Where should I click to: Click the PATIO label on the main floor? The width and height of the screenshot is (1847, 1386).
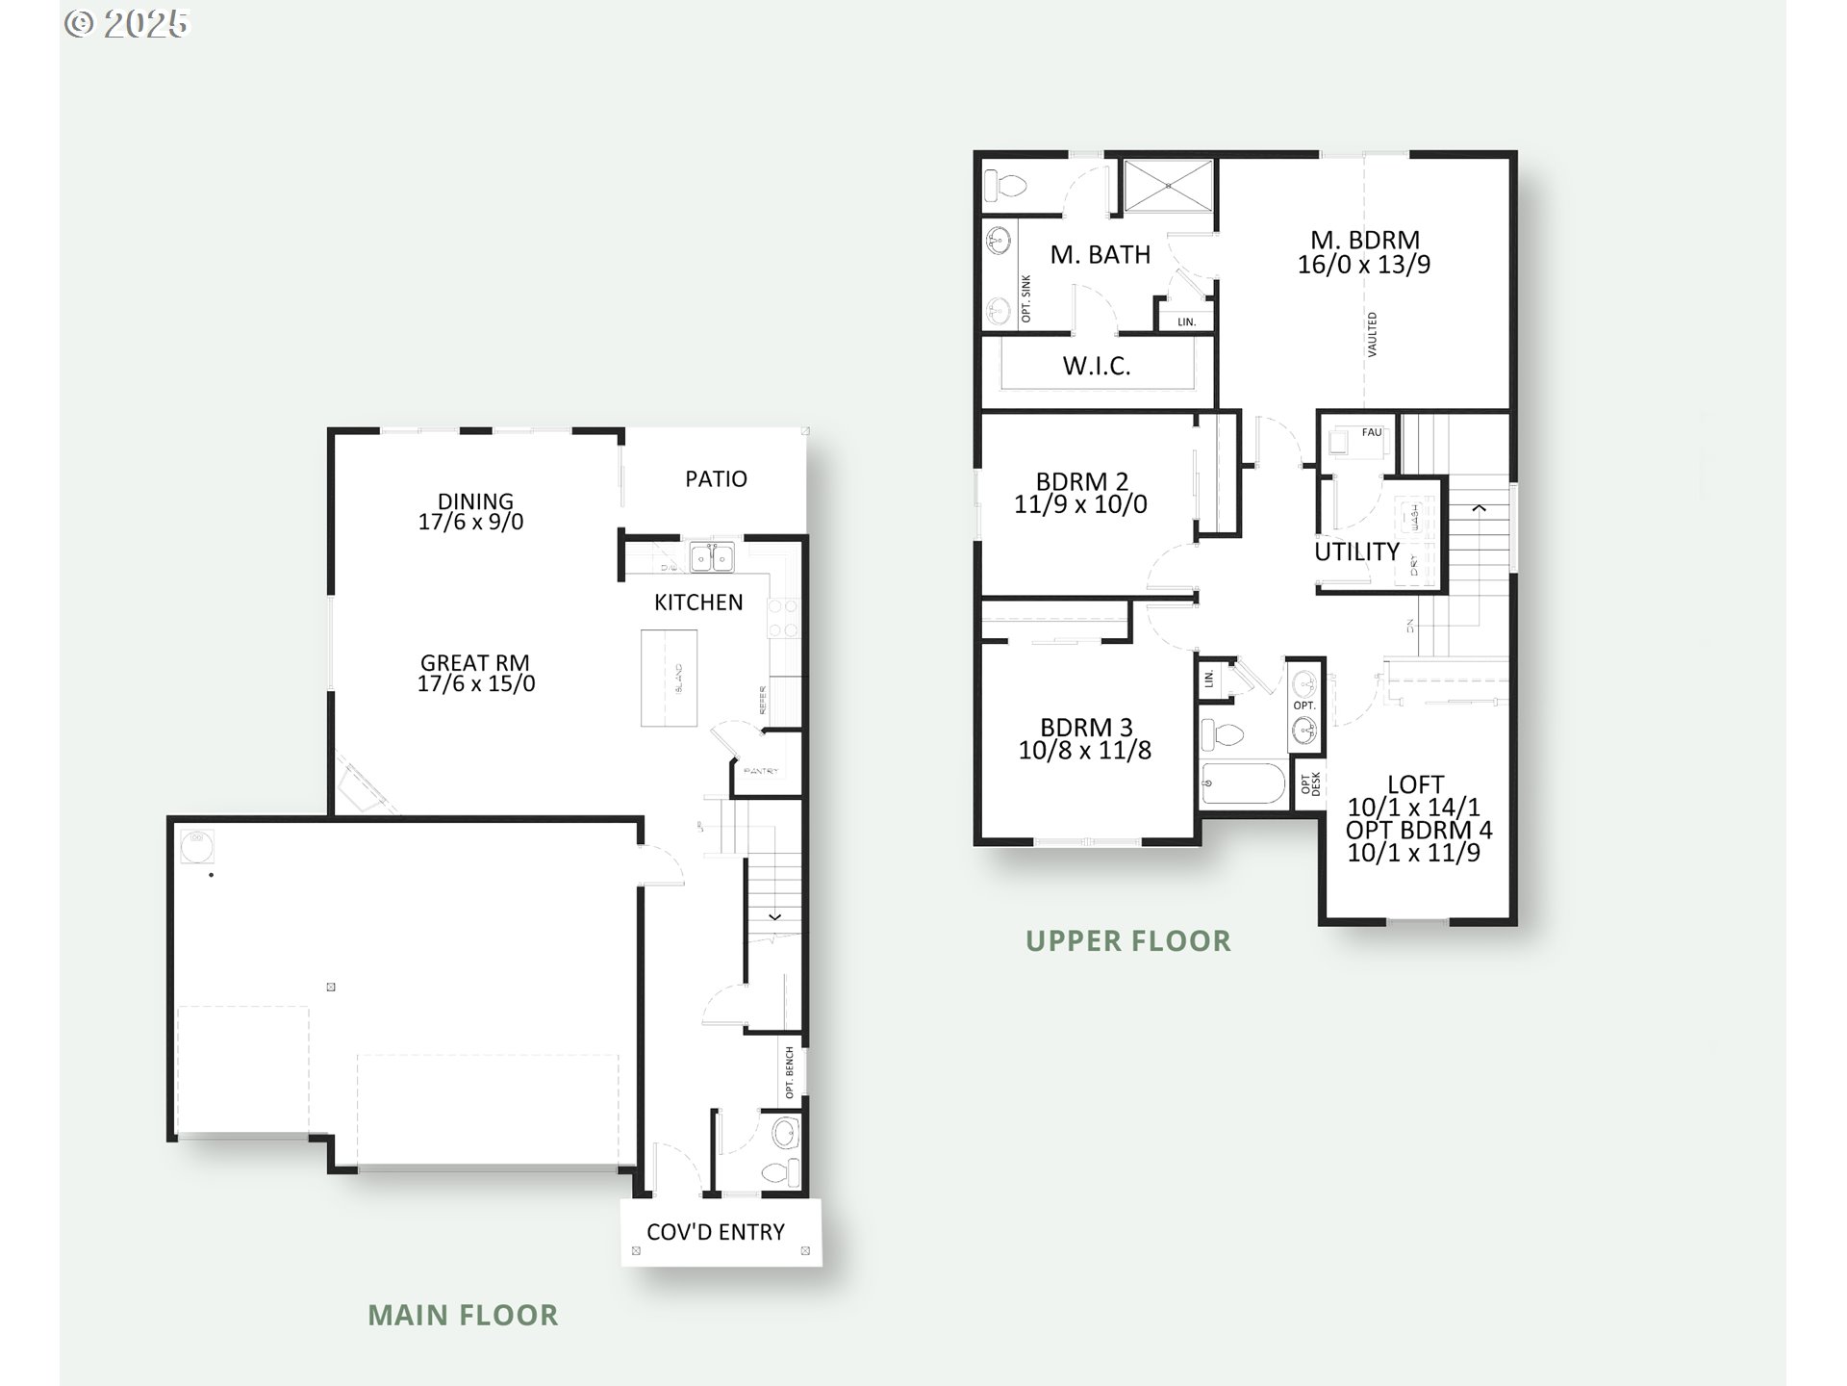(716, 479)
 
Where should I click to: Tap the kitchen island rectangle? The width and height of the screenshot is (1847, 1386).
(670, 678)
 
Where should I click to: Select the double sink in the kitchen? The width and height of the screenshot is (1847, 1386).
(712, 557)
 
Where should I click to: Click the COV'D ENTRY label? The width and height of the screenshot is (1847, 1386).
(716, 1232)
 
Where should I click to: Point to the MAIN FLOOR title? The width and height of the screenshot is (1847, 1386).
(463, 1315)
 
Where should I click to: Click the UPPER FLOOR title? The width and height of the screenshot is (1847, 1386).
(1127, 940)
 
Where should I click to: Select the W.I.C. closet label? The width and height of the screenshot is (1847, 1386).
(1097, 366)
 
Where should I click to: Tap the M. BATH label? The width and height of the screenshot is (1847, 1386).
(1100, 255)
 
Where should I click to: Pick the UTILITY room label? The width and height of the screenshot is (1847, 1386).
(1356, 552)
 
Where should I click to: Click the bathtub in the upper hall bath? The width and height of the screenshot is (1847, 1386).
(1243, 783)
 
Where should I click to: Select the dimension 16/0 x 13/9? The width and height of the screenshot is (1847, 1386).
(1363, 265)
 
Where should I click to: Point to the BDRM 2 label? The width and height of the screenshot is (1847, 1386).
(1082, 481)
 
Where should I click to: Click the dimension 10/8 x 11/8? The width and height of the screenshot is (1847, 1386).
(1084, 751)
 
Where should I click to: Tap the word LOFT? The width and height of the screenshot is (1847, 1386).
(1415, 784)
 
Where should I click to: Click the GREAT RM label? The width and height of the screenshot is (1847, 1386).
(475, 663)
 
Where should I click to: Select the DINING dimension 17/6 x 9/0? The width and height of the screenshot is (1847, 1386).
(471, 523)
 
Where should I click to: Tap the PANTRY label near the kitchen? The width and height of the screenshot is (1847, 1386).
(762, 772)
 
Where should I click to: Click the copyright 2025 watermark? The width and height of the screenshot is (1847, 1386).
(127, 23)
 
